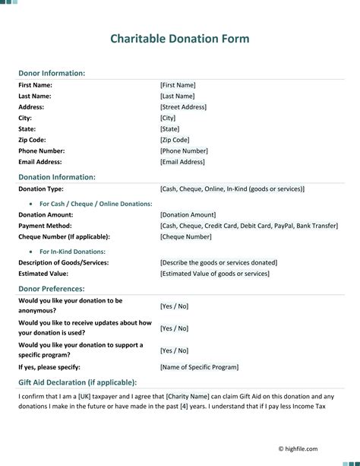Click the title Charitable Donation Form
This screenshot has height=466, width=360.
point(179,39)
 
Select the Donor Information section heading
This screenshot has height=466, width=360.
point(52,73)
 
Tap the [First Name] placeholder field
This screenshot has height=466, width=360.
point(178,85)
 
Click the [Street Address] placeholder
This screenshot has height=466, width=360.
point(183,107)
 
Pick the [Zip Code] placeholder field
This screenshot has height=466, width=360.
point(175,140)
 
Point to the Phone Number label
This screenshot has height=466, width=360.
point(45,151)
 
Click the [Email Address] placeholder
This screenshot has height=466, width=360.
point(182,162)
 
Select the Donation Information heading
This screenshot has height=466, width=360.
point(57,177)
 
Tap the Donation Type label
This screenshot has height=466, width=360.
point(41,189)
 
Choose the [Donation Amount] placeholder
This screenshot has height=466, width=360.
point(188,215)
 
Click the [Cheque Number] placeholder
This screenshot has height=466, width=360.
point(185,236)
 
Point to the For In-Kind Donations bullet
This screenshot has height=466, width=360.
point(72,252)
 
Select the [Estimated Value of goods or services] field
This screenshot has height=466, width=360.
point(215,274)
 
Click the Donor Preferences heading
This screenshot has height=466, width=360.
point(52,289)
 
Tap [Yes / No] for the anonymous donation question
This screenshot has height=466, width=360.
point(174,306)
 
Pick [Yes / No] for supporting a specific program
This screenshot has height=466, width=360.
point(174,350)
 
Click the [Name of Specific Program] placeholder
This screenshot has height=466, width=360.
point(199,367)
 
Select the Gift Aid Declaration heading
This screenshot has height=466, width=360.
point(77,382)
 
